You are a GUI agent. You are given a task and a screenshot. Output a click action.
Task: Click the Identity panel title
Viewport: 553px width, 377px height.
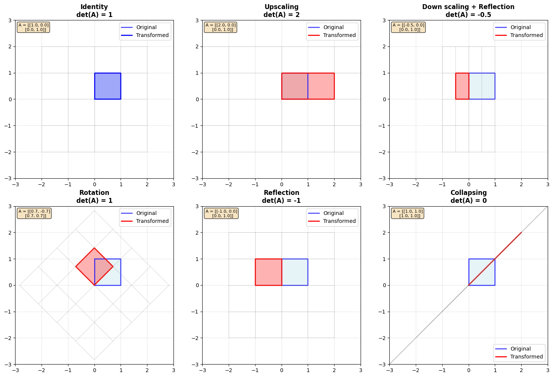[x=94, y=7]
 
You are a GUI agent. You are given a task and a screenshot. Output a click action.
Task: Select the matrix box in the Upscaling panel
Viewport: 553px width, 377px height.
[x=220, y=27]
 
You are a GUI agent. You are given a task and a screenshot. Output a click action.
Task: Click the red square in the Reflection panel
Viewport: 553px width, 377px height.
[x=268, y=272]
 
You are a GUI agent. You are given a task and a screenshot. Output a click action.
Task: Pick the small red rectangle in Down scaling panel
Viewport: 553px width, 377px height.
[x=462, y=86]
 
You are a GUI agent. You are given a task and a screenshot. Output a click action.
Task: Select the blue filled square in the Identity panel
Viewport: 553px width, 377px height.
[x=108, y=86]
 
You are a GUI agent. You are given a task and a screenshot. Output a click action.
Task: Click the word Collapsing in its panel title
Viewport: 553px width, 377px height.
[x=468, y=193]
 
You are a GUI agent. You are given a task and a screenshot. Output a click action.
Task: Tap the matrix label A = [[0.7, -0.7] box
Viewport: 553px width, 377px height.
[x=34, y=213]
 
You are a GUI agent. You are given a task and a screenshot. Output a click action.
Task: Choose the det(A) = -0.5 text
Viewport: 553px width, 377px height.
[x=468, y=15]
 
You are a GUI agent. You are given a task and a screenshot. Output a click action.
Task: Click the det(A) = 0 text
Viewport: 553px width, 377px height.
[x=468, y=201]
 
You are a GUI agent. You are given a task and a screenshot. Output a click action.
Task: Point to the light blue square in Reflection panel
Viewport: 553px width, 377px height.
[x=295, y=272]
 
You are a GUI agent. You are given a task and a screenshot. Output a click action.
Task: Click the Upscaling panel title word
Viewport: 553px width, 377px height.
[x=281, y=7]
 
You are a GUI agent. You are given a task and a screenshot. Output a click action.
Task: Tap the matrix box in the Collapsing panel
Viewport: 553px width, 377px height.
[x=407, y=213]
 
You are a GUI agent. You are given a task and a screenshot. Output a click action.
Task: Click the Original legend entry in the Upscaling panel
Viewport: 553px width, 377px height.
[x=333, y=27]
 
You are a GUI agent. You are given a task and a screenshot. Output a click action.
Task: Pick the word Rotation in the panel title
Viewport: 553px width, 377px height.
[x=94, y=193]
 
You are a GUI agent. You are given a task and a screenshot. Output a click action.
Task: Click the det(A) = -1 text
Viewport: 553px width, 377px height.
[x=281, y=201]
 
